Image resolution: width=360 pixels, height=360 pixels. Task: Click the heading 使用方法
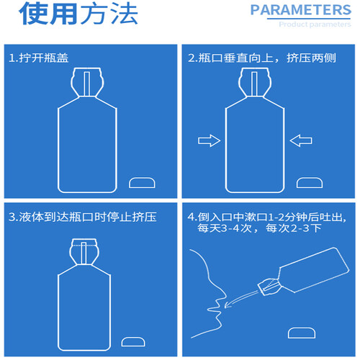pos(78,14)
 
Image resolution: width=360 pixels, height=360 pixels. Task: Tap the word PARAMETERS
pos(301,10)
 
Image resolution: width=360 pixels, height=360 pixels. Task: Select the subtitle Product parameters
pos(315,24)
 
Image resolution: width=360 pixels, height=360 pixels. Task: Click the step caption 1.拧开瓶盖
pos(39,58)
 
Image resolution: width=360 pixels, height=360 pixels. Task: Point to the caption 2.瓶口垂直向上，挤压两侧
pos(262,58)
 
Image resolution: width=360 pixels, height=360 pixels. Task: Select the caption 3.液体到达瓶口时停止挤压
pos(83,217)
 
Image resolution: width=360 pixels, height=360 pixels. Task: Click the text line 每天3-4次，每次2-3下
pos(259,228)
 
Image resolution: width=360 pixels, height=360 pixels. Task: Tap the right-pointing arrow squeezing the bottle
pos(209,140)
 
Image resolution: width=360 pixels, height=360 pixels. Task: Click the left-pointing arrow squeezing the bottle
pos(301,140)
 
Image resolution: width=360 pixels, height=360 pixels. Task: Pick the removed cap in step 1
pos(142,183)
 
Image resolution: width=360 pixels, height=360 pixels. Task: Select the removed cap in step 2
pos(310,183)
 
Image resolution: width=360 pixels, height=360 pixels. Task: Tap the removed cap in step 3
pos(133,342)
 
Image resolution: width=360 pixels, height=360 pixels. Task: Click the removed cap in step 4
pos(302,333)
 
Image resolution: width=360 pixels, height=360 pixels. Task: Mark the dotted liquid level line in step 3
pos(84,246)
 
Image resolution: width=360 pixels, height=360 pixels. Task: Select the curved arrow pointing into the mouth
pos(241,299)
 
